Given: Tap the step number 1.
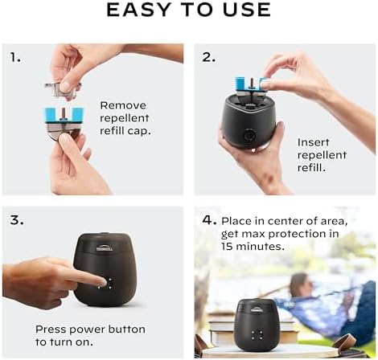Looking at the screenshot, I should (x=15, y=57).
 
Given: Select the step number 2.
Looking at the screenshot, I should (x=207, y=57).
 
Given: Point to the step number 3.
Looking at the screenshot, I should (x=15, y=220).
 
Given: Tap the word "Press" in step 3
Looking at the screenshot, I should (x=51, y=329).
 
